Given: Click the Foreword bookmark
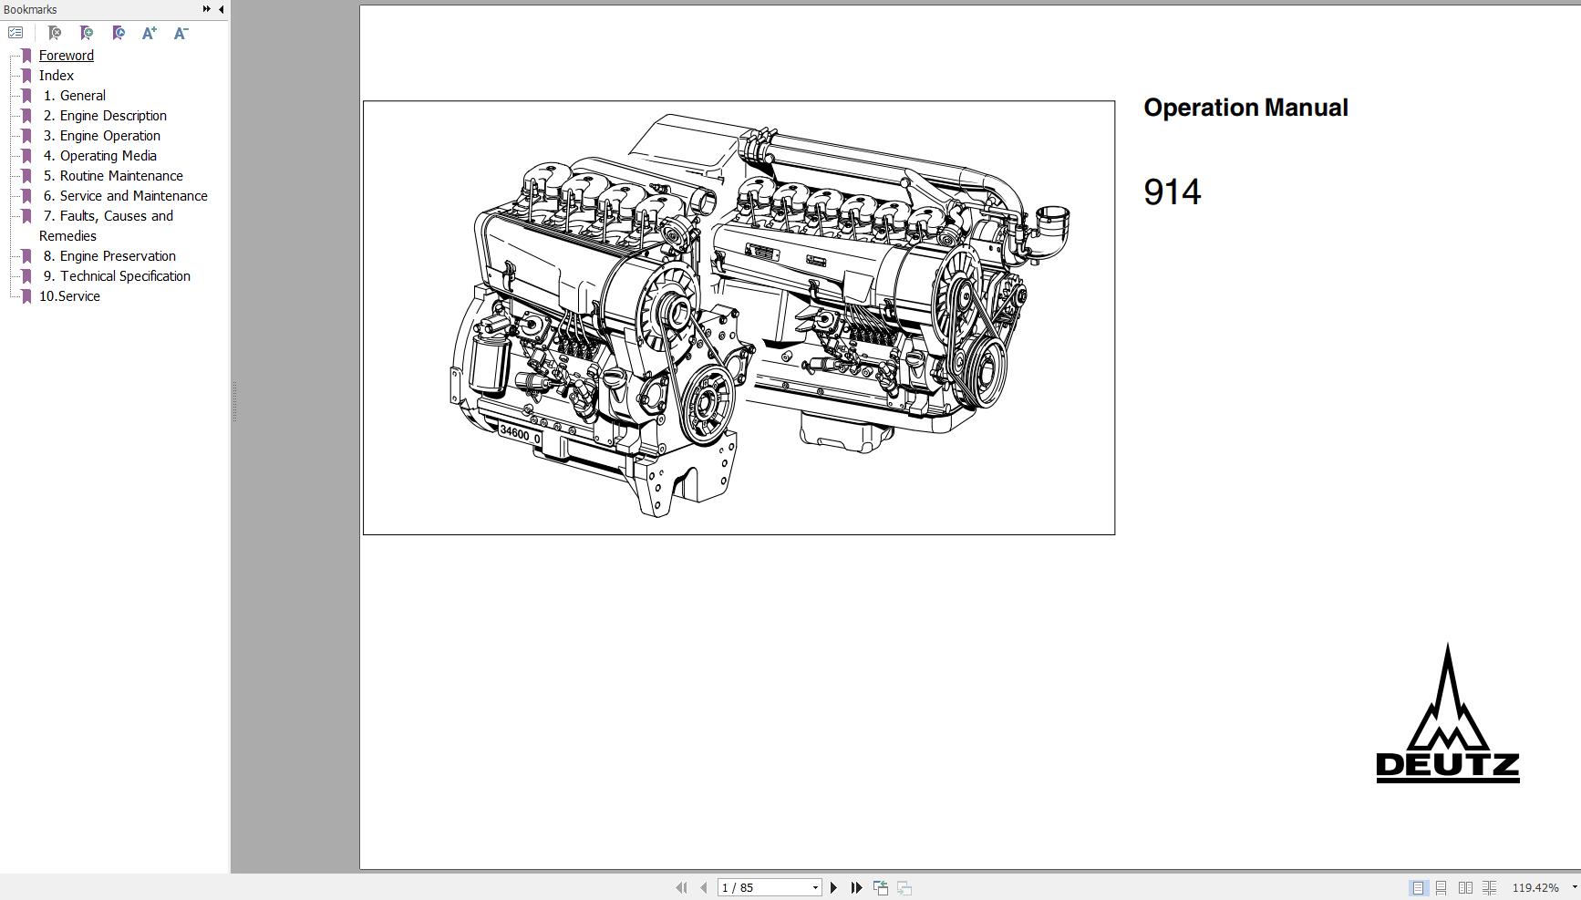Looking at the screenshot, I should [x=66, y=56].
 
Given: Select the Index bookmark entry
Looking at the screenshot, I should [x=56, y=76].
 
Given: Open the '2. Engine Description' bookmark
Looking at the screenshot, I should [x=105, y=116].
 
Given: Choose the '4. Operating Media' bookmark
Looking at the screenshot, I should [x=99, y=156].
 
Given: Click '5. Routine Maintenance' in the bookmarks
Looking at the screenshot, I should [x=113, y=176].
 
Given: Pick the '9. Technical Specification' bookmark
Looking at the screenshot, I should [x=117, y=276].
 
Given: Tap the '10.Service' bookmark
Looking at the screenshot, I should [x=69, y=296].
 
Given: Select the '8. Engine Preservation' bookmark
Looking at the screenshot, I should [x=109, y=256].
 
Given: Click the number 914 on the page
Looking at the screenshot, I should [x=1172, y=192].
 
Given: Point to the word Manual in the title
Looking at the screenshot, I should [x=1306, y=108].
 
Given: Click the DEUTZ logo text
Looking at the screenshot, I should [x=1447, y=766].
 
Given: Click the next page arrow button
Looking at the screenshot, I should [x=833, y=887].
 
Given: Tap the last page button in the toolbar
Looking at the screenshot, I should [x=856, y=887].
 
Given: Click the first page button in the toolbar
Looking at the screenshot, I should [x=681, y=887].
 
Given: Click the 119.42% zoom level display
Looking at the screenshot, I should [x=1535, y=887].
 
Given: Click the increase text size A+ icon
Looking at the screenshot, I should [x=150, y=33].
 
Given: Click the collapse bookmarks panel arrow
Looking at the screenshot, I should [x=221, y=9].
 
